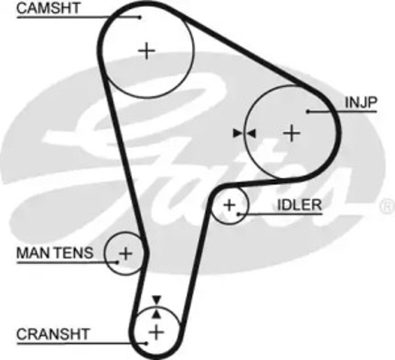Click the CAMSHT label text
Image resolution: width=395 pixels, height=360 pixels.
48,8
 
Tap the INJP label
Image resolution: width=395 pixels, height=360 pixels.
361,102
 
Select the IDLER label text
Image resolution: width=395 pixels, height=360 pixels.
299,205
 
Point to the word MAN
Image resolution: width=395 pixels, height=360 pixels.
34,253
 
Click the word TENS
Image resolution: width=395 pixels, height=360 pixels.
74,253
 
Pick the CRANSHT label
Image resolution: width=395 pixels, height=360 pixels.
53,334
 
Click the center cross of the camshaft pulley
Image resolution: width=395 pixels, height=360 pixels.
147,51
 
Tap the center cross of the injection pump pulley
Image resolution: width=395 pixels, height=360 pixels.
292,133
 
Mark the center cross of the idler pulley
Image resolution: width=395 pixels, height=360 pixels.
229,205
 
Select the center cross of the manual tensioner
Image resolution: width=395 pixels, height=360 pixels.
125,253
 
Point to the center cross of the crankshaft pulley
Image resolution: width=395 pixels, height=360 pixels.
157,332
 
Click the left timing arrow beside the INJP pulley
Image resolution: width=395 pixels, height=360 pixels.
238,133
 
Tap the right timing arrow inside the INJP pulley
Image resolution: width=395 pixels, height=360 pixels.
251,133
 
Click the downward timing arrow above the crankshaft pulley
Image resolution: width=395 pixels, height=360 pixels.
157,300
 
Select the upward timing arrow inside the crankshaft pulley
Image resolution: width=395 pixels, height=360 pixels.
157,313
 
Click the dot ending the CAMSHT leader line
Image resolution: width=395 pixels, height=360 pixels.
140,17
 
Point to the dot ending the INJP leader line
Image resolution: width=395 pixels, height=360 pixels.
308,112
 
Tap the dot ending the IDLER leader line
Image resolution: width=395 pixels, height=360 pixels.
238,214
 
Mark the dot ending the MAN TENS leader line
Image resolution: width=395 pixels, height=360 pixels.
117,262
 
